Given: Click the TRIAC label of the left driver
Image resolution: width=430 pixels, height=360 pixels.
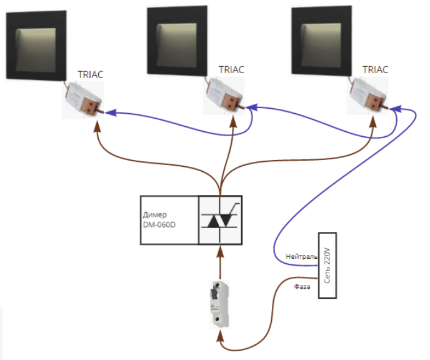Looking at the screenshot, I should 91,74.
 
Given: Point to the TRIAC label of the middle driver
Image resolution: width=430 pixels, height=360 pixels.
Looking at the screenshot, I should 231,69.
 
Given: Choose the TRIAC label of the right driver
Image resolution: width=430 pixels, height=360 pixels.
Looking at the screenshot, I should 375,69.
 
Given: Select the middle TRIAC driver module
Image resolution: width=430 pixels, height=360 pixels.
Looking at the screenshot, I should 224,95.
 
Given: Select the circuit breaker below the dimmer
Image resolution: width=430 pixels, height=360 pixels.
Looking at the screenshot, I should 220,304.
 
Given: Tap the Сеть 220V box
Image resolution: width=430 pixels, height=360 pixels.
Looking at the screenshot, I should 328,265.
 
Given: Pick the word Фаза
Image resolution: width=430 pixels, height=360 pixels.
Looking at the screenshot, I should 302,287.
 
